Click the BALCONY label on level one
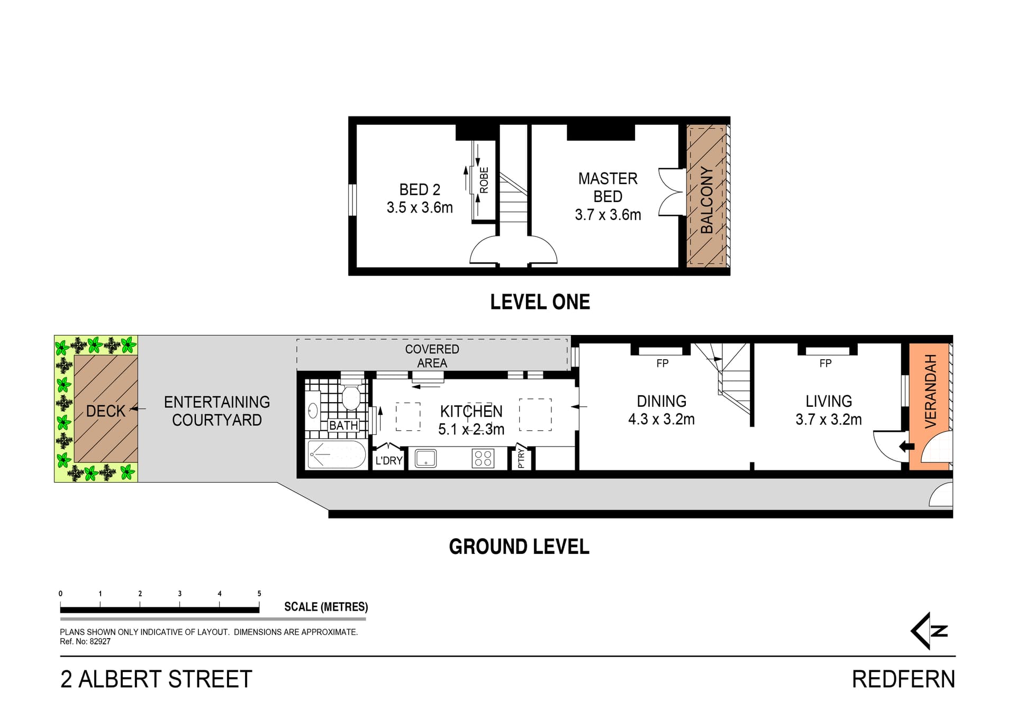tap(707, 199)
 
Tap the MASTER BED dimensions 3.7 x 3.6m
tap(607, 215)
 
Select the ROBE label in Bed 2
tap(484, 180)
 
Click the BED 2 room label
tap(420, 189)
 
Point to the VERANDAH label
tap(930, 391)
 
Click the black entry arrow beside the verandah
tap(906, 446)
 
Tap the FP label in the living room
tap(825, 363)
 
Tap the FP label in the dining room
tap(662, 363)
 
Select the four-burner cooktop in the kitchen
tap(483, 458)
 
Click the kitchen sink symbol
tap(425, 458)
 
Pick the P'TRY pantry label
tap(521, 458)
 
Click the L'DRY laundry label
tap(389, 460)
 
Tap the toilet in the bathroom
tap(351, 397)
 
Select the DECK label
tap(105, 411)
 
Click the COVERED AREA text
tap(432, 356)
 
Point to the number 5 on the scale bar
tap(259, 593)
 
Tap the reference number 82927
tap(100, 641)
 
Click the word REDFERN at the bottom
tap(903, 679)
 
